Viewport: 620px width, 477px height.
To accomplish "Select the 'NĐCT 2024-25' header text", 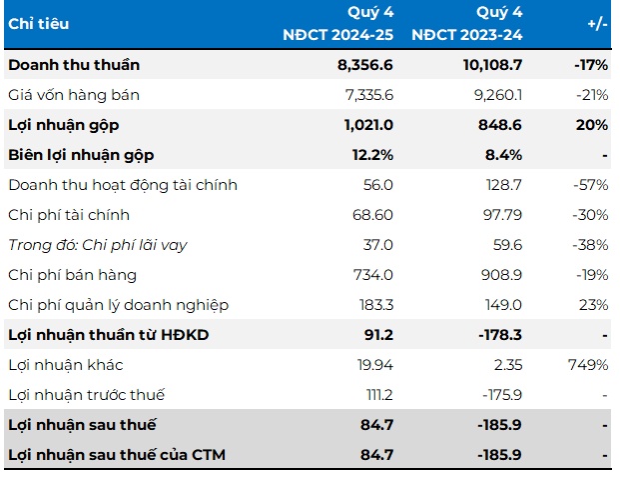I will tap(338, 35).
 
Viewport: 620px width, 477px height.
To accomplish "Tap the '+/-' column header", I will tap(596, 23).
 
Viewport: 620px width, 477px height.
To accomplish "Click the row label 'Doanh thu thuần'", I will tap(74, 65).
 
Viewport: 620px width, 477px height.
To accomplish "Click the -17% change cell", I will tap(591, 65).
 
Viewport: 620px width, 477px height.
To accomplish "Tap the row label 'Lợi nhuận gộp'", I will tap(62, 125).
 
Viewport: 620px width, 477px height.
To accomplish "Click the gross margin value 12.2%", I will tap(371, 155).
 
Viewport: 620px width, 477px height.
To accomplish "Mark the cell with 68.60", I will tap(371, 215).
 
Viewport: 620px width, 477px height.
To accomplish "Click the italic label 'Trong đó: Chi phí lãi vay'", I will tap(98, 245).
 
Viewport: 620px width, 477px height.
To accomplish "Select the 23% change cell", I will tap(595, 305).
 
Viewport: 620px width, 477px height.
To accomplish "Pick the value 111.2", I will tap(375, 395).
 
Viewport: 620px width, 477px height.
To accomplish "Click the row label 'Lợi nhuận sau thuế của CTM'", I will tap(117, 455).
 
